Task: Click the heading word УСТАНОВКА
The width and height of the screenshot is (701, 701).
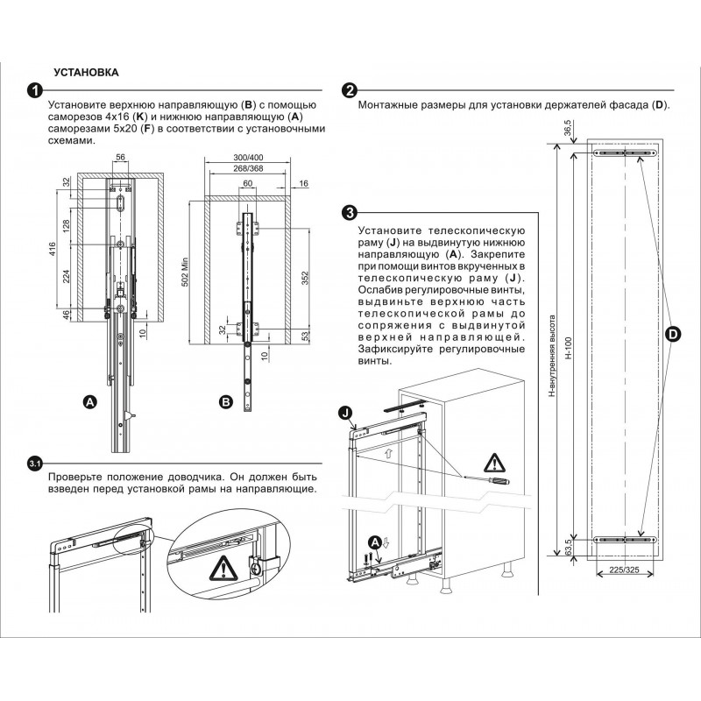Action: tap(86, 71)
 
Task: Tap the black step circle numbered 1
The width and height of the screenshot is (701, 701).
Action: tap(34, 91)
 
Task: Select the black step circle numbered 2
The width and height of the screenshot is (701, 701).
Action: tap(349, 91)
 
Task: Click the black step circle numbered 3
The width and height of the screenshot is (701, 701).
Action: tap(349, 213)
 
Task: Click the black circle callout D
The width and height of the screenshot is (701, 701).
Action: tap(672, 334)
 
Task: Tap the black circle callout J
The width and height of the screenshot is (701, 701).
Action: tap(344, 413)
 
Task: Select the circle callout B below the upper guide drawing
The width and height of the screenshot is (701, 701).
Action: tap(225, 402)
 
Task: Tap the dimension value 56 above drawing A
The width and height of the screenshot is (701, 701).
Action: tap(121, 158)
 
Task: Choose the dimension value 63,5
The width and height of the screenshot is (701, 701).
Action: tap(569, 549)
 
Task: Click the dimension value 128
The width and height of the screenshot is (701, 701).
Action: tap(67, 226)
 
